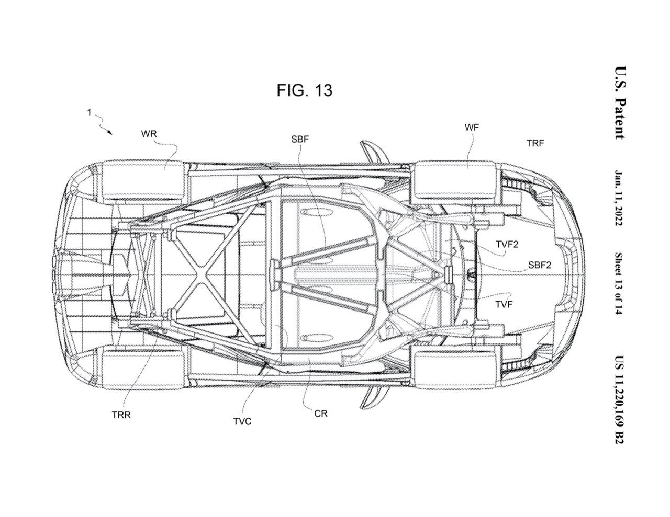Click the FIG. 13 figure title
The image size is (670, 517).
[304, 90]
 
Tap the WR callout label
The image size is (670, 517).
[149, 133]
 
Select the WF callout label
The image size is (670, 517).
[471, 127]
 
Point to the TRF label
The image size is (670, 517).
[535, 143]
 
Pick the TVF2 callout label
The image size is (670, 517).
[507, 243]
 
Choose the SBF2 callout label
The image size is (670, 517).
[539, 265]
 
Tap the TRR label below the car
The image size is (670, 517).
[121, 416]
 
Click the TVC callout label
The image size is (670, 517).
[242, 421]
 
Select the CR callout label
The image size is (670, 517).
[321, 413]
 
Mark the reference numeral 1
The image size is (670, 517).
[90, 112]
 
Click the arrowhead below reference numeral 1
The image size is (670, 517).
[110, 133]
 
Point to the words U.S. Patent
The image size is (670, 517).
[620, 103]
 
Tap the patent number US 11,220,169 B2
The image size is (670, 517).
[620, 399]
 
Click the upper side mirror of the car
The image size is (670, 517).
[372, 152]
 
